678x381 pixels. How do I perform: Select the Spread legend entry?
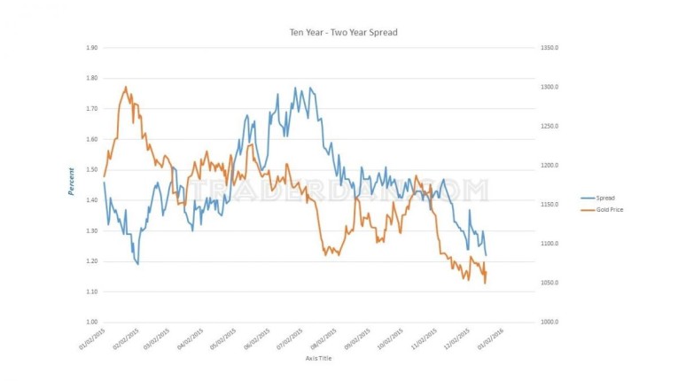606,198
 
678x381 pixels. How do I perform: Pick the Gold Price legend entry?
611,210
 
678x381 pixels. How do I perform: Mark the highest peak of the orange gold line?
126,87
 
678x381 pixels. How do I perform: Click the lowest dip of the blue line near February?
138,264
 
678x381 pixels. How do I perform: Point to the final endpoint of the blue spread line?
487,256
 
